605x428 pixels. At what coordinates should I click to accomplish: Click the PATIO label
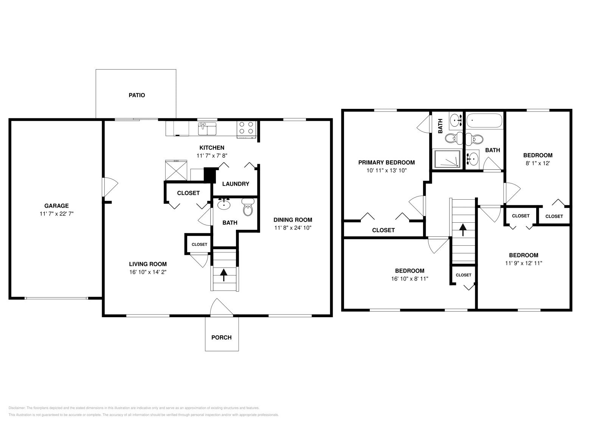click(x=137, y=95)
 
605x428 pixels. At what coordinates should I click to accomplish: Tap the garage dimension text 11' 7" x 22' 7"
click(x=57, y=214)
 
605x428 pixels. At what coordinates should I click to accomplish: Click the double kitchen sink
click(x=207, y=128)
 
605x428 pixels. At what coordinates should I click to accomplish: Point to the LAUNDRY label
click(x=236, y=184)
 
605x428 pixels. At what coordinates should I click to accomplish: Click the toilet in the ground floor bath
click(x=248, y=207)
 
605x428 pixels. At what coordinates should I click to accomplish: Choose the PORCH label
click(x=221, y=337)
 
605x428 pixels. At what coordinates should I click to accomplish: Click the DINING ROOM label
click(x=293, y=220)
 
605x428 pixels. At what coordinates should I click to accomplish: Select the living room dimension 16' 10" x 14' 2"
click(x=147, y=272)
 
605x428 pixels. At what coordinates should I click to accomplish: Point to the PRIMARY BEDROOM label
click(x=386, y=163)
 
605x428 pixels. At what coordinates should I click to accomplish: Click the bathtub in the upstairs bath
click(x=485, y=121)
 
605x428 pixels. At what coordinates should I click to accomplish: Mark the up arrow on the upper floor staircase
click(x=462, y=230)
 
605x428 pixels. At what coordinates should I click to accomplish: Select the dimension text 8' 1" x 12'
click(x=538, y=163)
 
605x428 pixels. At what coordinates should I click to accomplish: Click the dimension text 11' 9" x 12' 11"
click(x=523, y=263)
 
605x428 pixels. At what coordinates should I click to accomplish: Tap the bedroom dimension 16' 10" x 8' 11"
click(x=410, y=279)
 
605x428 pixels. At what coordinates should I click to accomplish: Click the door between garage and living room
click(x=110, y=186)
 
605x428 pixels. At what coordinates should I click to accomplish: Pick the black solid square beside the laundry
click(x=209, y=175)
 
